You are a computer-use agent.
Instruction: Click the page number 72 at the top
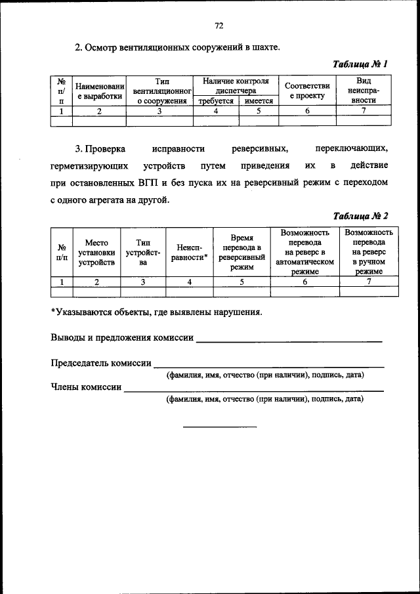[x=219, y=26]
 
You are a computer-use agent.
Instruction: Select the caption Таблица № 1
[x=360, y=64]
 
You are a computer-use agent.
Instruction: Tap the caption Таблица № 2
[x=360, y=216]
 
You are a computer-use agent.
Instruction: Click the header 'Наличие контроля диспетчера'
[x=236, y=86]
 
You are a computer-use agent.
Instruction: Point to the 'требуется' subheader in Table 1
[x=216, y=102]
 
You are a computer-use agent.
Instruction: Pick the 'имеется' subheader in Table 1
[x=259, y=102]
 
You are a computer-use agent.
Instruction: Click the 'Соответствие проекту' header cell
[x=307, y=91]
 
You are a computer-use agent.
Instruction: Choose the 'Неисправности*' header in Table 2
[x=189, y=253]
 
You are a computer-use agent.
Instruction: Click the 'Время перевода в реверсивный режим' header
[x=241, y=253]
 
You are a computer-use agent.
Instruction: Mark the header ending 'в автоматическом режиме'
[x=304, y=252]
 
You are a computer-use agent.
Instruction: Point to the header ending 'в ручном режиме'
[x=368, y=252]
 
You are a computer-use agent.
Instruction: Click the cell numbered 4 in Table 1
[x=216, y=111]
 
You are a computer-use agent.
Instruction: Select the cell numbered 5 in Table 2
[x=241, y=282]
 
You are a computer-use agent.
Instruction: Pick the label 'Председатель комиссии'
[x=101, y=363]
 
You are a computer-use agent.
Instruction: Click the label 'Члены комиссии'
[x=86, y=387]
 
